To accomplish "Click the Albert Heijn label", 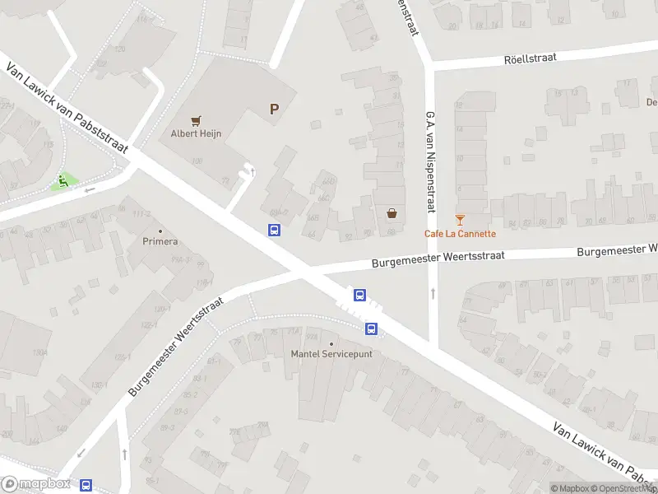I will tap(196, 133).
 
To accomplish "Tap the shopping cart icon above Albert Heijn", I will tap(196, 121).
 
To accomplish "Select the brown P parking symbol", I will tap(274, 109).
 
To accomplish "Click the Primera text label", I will tap(160, 242).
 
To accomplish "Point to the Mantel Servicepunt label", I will tap(331, 354).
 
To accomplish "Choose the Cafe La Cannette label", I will tap(460, 234).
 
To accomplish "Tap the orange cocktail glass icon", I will tap(460, 220).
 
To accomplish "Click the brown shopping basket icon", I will tap(392, 214).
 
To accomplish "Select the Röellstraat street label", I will tap(531, 58).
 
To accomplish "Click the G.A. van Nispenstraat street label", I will tap(429, 161).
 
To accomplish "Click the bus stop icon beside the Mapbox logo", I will tap(86, 487).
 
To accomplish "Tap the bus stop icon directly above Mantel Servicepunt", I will tap(371, 329).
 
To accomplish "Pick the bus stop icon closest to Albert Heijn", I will tap(274, 231).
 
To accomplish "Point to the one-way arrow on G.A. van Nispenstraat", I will tap(433, 293).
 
